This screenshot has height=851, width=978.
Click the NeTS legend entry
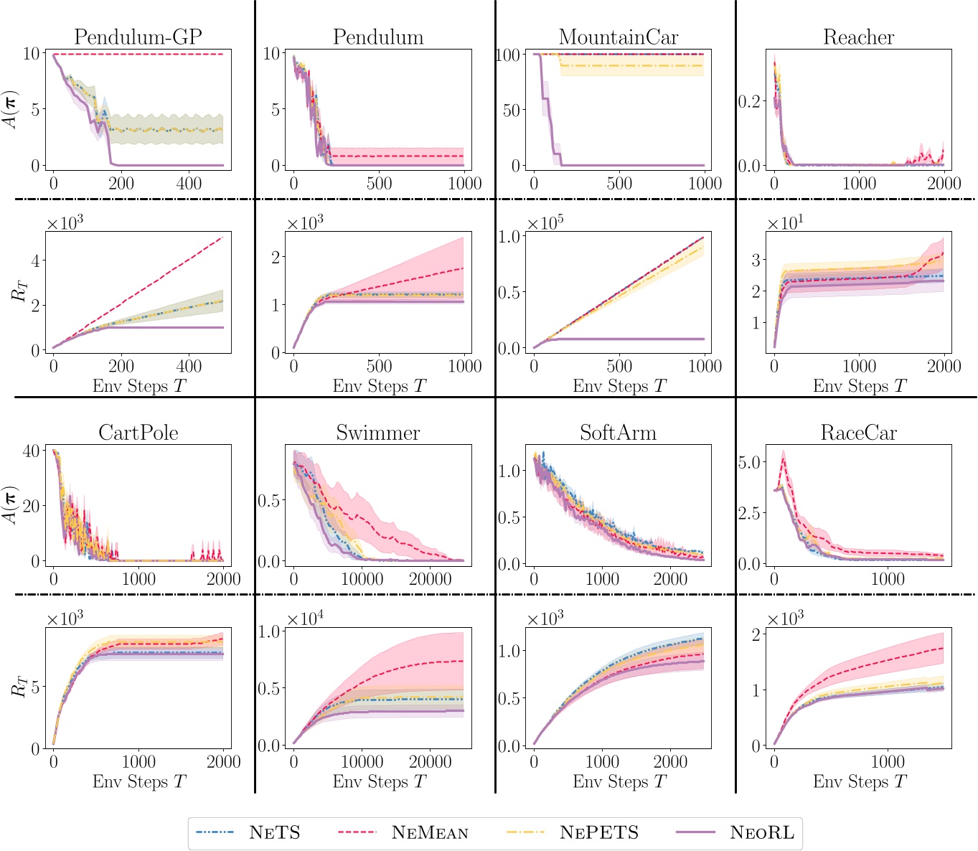click(x=274, y=832)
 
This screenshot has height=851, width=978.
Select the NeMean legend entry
click(x=430, y=832)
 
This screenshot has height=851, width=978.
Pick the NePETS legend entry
click(x=599, y=832)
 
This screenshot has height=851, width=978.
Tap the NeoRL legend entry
click(x=762, y=832)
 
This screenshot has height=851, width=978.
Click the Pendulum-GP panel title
click(x=138, y=37)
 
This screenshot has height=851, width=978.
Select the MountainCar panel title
click(x=619, y=37)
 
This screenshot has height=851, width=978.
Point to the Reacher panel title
click(x=858, y=37)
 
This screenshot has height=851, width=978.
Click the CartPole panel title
click(x=138, y=433)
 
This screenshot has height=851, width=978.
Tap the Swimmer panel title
click(x=378, y=433)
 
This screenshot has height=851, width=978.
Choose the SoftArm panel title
click(x=618, y=433)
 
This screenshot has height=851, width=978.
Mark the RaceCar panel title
click(x=858, y=433)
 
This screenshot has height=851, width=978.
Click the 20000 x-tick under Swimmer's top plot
click(x=430, y=579)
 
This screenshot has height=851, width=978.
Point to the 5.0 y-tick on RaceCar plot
click(x=752, y=462)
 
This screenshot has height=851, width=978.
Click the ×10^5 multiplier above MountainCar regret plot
click(x=545, y=223)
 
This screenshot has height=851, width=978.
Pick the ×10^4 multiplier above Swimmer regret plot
click(x=305, y=619)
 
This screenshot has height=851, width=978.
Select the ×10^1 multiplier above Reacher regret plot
click(x=785, y=223)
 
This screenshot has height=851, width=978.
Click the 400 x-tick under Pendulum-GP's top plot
click(x=189, y=183)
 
